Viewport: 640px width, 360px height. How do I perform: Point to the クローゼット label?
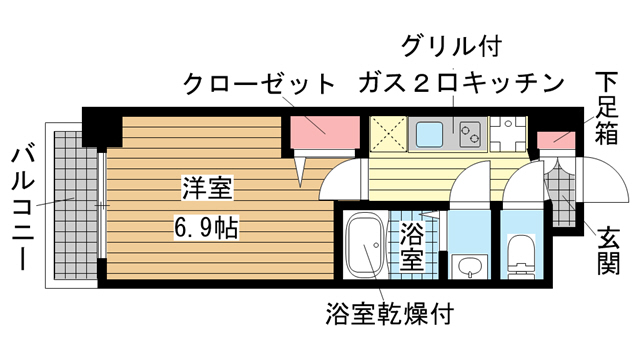tap(257, 84)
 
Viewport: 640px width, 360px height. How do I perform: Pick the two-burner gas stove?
tap(467, 132)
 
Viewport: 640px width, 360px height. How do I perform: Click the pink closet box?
tap(323, 129)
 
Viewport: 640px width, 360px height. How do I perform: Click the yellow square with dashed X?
tap(388, 133)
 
